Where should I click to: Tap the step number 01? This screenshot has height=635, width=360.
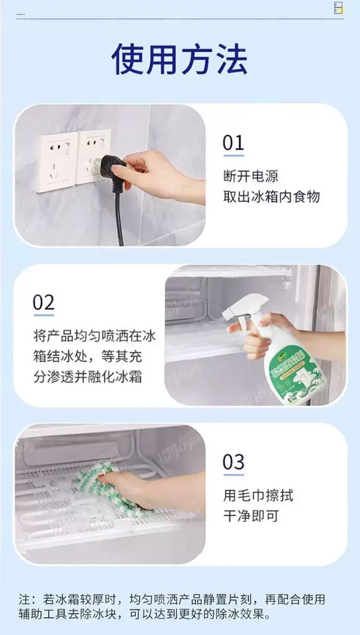(x=233, y=143)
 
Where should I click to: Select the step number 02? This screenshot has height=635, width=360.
(x=43, y=302)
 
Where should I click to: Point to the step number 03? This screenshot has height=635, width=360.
(x=233, y=462)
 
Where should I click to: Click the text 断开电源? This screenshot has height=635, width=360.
(x=251, y=176)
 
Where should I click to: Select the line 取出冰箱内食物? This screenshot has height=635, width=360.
(x=271, y=197)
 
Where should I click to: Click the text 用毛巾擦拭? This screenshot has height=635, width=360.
(x=258, y=495)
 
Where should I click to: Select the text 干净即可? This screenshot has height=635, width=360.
(x=251, y=516)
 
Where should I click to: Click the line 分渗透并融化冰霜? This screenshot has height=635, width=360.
(x=87, y=377)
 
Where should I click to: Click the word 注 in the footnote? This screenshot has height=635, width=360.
(x=24, y=602)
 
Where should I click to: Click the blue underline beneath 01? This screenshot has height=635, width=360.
(x=234, y=156)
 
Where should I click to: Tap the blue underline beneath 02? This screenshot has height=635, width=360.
(x=44, y=315)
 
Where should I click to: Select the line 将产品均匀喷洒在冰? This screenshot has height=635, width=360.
(x=95, y=336)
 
